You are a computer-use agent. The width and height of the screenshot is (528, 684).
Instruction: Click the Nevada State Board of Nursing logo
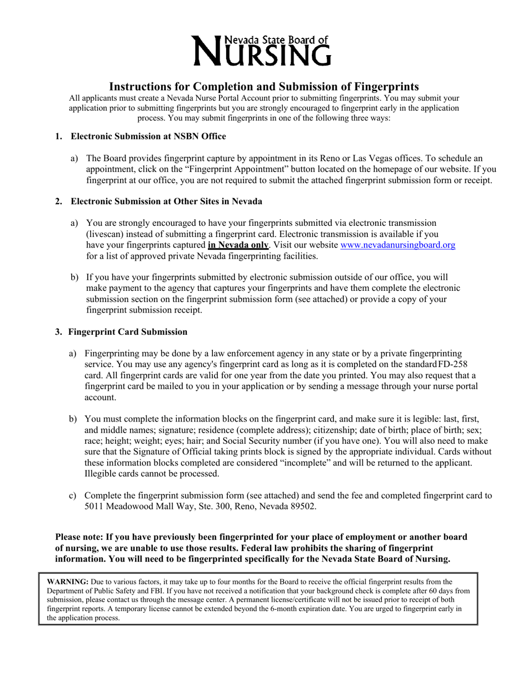263,50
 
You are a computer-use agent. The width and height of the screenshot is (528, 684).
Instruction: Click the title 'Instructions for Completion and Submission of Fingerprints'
263,87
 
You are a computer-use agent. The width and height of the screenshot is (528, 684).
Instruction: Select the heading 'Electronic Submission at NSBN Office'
148,136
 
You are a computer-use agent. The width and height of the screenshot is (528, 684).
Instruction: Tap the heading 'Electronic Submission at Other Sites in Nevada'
166,201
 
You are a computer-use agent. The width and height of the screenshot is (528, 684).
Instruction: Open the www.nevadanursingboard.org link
397,245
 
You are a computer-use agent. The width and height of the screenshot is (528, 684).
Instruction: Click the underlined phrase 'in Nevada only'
238,245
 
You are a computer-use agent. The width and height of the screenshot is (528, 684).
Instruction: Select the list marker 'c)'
73,495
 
